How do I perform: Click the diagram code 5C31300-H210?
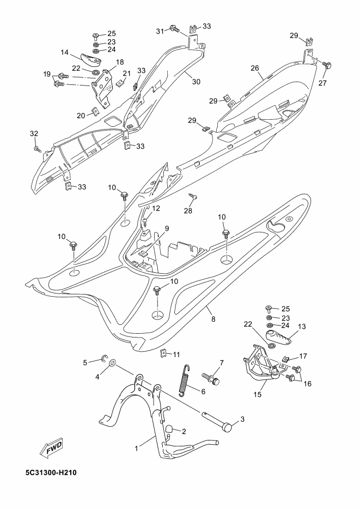[51, 473]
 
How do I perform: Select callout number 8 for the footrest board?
[213, 319]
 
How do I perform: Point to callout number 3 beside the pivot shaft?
[242, 419]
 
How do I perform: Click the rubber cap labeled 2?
[169, 430]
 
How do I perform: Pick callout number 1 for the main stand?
[137, 448]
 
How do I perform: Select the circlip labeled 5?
[104, 358]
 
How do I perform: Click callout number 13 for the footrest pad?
[302, 326]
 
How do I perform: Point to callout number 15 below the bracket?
[258, 395]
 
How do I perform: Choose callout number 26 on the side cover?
[255, 68]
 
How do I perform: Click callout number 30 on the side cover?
[196, 82]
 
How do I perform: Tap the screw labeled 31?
[175, 29]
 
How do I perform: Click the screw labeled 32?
[37, 149]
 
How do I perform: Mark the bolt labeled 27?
[327, 65]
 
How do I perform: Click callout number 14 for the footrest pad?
[65, 52]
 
